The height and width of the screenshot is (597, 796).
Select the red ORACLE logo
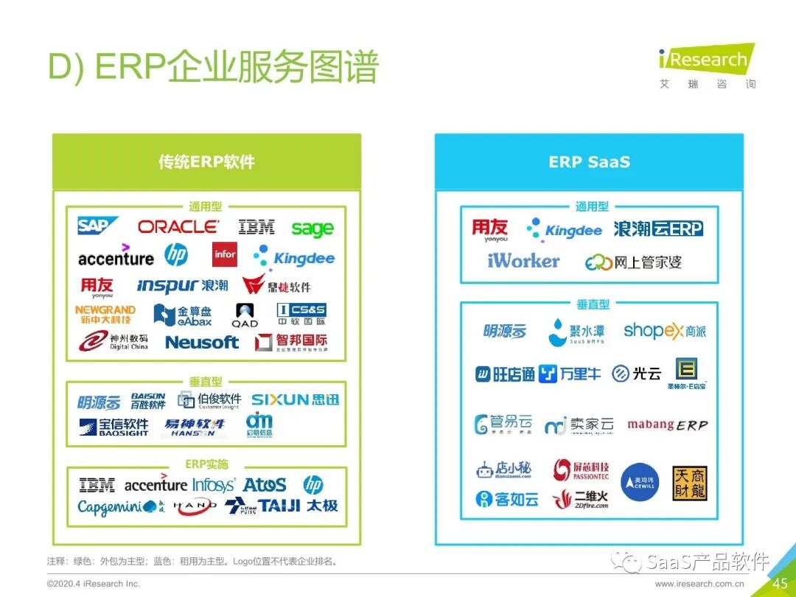[178, 227]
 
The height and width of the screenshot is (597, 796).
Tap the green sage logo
[313, 228]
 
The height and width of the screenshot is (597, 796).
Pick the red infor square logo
[225, 254]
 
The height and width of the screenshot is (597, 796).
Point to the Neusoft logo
[202, 342]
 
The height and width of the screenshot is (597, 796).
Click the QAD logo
[245, 315]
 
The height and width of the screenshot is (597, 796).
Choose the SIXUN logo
[295, 399]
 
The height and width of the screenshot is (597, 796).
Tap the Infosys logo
[214, 485]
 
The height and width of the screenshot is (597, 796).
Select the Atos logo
[264, 485]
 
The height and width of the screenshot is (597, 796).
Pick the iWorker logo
[523, 261]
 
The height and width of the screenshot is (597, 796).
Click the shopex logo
[664, 331]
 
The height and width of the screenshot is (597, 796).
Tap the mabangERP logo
[667, 425]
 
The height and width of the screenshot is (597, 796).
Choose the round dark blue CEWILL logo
[640, 482]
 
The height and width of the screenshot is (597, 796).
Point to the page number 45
[780, 584]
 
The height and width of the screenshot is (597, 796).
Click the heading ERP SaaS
[589, 162]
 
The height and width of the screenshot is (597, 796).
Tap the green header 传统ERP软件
[206, 162]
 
